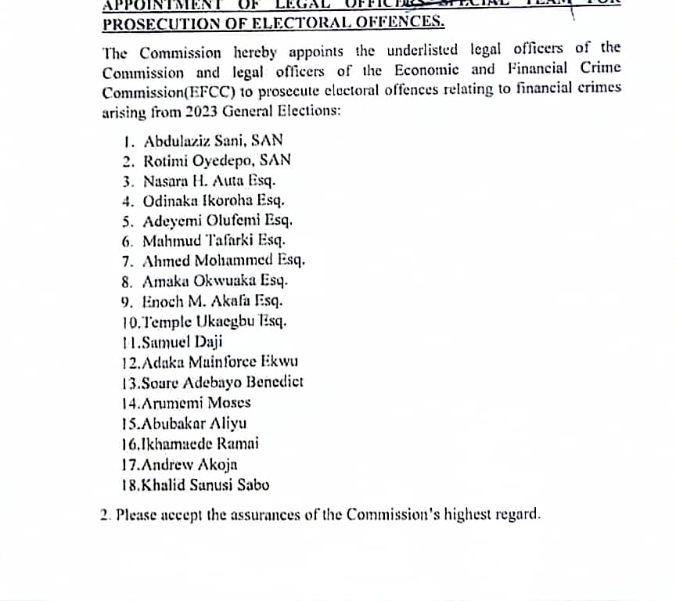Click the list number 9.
point(127,300)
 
